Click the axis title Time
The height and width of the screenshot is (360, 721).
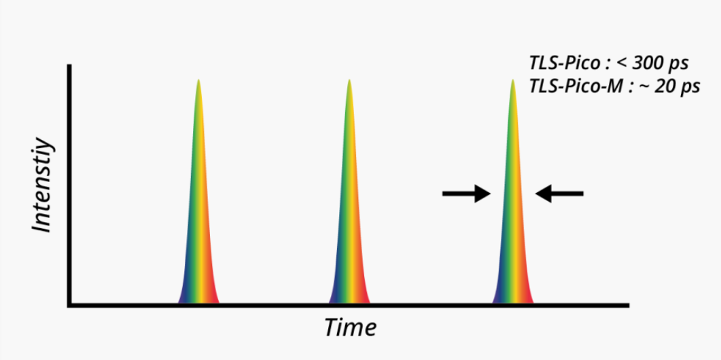350,327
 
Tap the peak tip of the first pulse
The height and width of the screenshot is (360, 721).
198,82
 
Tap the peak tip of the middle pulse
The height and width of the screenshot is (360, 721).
349,82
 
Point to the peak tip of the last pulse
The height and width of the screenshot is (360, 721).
512,82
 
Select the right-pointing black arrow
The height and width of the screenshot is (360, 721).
466,194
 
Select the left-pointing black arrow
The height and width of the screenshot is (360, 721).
559,194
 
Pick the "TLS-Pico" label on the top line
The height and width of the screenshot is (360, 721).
560,63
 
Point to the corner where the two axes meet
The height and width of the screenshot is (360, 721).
69,305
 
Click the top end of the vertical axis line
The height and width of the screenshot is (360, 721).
69,66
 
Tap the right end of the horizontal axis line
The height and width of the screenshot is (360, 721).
627,305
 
